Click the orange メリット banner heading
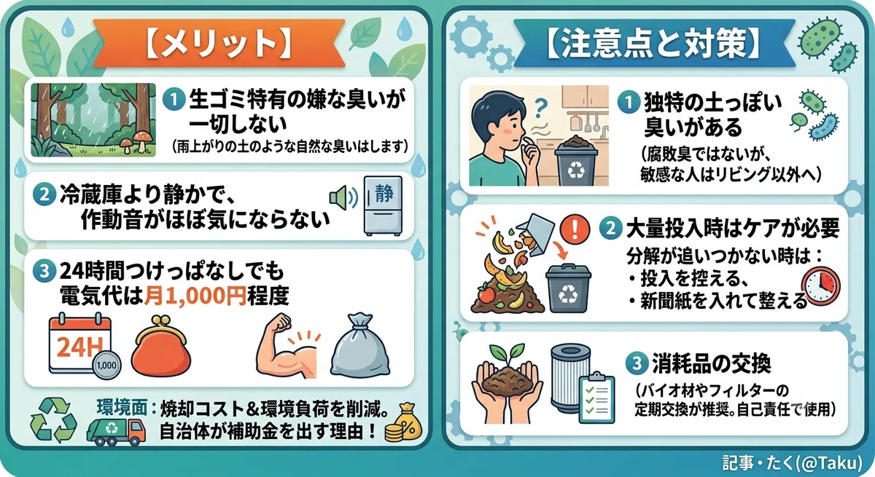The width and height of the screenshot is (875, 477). tap(219, 43)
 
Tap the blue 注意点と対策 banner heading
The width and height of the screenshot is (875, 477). tap(653, 43)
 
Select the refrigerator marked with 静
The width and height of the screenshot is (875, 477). tap(383, 205)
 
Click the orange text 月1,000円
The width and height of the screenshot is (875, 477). tap(195, 296)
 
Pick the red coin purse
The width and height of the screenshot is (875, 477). tap(161, 347)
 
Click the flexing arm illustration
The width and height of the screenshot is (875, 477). tap(288, 346)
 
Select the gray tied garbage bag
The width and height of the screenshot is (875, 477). tap(360, 346)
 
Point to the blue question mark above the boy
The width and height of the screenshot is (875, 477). tap(540, 108)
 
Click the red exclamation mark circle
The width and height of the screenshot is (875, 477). tap(575, 229)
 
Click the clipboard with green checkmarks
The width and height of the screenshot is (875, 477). tap(596, 397)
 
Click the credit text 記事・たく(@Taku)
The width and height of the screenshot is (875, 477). tap(792, 463)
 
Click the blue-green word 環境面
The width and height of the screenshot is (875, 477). tap(122, 408)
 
